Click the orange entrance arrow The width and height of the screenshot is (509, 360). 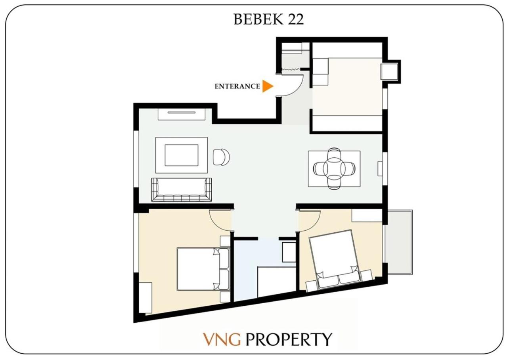click(x=267, y=86)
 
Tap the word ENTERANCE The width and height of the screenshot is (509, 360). click(x=237, y=86)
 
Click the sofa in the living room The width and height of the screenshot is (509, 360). click(x=181, y=190)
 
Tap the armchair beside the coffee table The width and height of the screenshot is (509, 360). click(x=221, y=157)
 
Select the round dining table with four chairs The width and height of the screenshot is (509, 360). click(x=334, y=169)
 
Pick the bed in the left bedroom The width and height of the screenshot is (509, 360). click(x=203, y=269)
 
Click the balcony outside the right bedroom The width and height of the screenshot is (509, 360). click(x=400, y=242)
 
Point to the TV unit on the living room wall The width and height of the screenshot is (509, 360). click(x=182, y=114)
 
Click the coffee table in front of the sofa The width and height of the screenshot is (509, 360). click(x=181, y=155)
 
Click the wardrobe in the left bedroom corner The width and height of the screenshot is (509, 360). click(x=145, y=297)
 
